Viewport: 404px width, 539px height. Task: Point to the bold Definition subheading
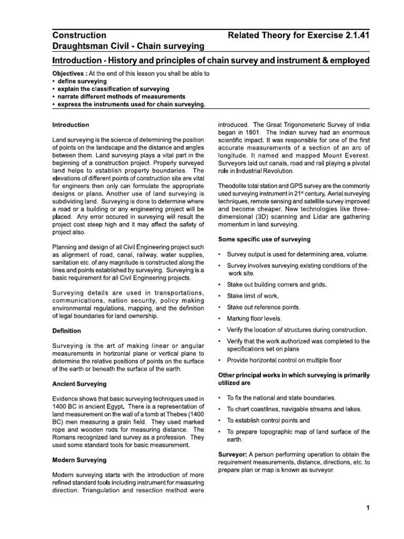point(67,331)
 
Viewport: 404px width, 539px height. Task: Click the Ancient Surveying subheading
point(79,384)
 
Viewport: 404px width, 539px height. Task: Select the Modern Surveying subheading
point(79,460)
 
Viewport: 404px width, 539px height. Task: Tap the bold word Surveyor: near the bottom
point(233,454)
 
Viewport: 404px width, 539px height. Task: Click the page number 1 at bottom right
point(369,508)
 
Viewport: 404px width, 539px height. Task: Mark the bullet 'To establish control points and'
point(268,421)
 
